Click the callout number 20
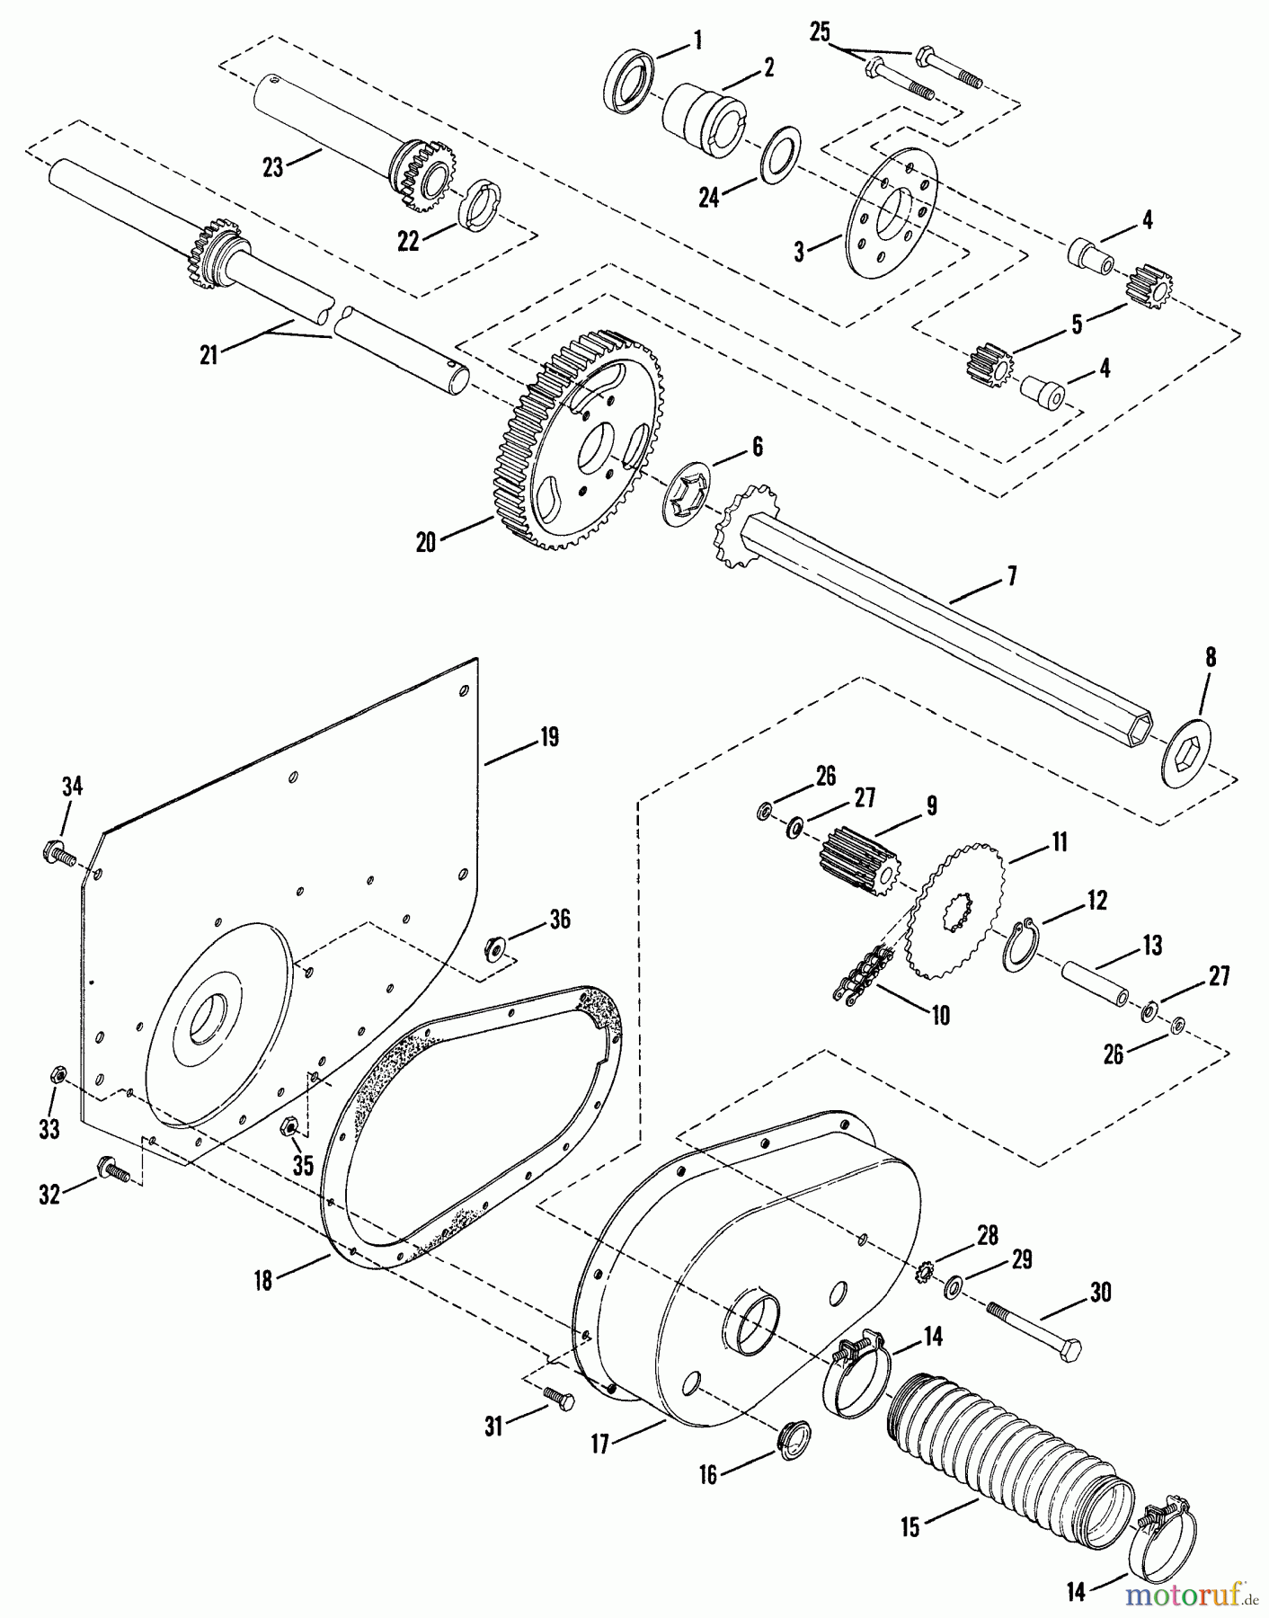click(x=426, y=543)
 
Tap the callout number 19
click(x=549, y=737)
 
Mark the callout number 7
click(x=1012, y=575)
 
